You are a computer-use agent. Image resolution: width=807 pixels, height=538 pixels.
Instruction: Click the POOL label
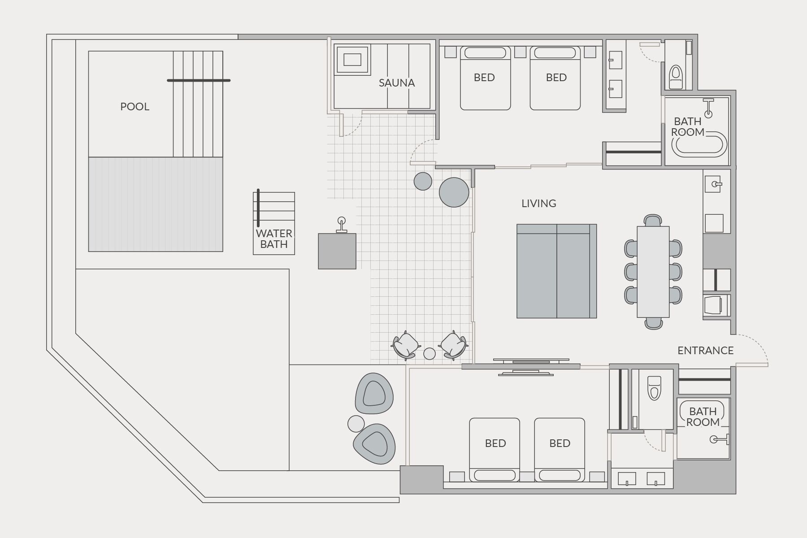pos(134,107)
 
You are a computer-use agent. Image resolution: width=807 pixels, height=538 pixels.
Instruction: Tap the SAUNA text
pos(396,83)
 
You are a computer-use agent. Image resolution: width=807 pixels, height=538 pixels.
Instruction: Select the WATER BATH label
pos(273,239)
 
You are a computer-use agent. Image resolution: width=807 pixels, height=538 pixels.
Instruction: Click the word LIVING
pos(538,204)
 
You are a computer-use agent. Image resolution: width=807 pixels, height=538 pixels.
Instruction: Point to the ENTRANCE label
pos(705,351)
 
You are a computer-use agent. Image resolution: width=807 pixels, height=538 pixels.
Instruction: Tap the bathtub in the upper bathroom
pos(699,144)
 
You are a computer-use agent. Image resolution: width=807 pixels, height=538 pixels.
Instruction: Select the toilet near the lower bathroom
pos(654,387)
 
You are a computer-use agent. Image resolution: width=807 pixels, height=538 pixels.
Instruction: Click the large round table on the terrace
pos(454,192)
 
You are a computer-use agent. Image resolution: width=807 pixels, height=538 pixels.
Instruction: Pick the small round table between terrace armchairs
pos(430,354)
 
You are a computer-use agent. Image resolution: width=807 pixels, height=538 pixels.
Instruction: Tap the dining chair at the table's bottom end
pos(653,323)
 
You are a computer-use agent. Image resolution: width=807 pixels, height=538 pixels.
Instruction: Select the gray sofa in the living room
pos(556,271)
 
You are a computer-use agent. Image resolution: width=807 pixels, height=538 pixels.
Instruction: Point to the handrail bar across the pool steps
pos(199,80)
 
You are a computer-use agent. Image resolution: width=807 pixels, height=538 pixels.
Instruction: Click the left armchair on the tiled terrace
pos(406,345)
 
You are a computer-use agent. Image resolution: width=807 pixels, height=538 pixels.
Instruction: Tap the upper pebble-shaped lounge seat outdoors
pos(374,394)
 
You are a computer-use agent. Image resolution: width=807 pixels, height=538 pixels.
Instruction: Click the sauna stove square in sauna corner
pos(352,59)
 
